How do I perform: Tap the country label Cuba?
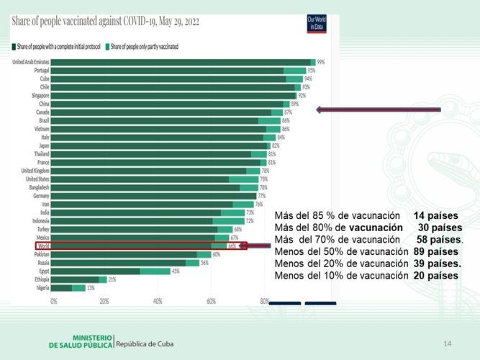[x=42, y=78]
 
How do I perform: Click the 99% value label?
[x=321, y=62]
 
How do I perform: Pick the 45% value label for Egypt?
[x=175, y=271]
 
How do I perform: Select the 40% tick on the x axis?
[x=158, y=301]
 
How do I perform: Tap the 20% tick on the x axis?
[x=104, y=301]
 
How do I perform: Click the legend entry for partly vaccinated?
[x=144, y=46]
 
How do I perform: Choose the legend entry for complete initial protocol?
[x=58, y=46]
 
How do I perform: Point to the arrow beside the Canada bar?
[x=379, y=110]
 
